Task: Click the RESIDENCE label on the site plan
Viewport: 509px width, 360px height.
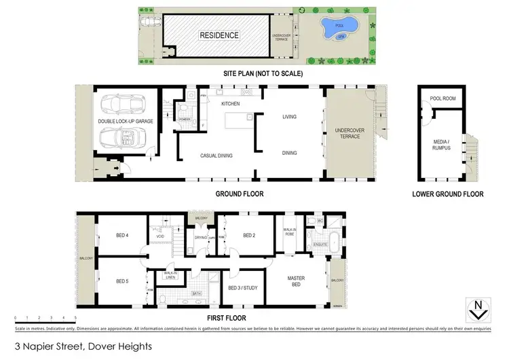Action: point(219,35)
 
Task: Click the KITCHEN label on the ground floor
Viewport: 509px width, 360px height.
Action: point(231,104)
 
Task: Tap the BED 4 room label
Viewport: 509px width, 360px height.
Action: point(122,235)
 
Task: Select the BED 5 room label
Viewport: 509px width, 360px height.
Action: point(122,281)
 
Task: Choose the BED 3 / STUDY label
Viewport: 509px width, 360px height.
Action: point(242,287)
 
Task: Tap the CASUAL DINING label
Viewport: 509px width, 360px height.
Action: point(216,156)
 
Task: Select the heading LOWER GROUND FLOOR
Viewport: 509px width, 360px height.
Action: point(447,194)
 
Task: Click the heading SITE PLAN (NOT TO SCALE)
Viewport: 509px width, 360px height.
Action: point(263,73)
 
